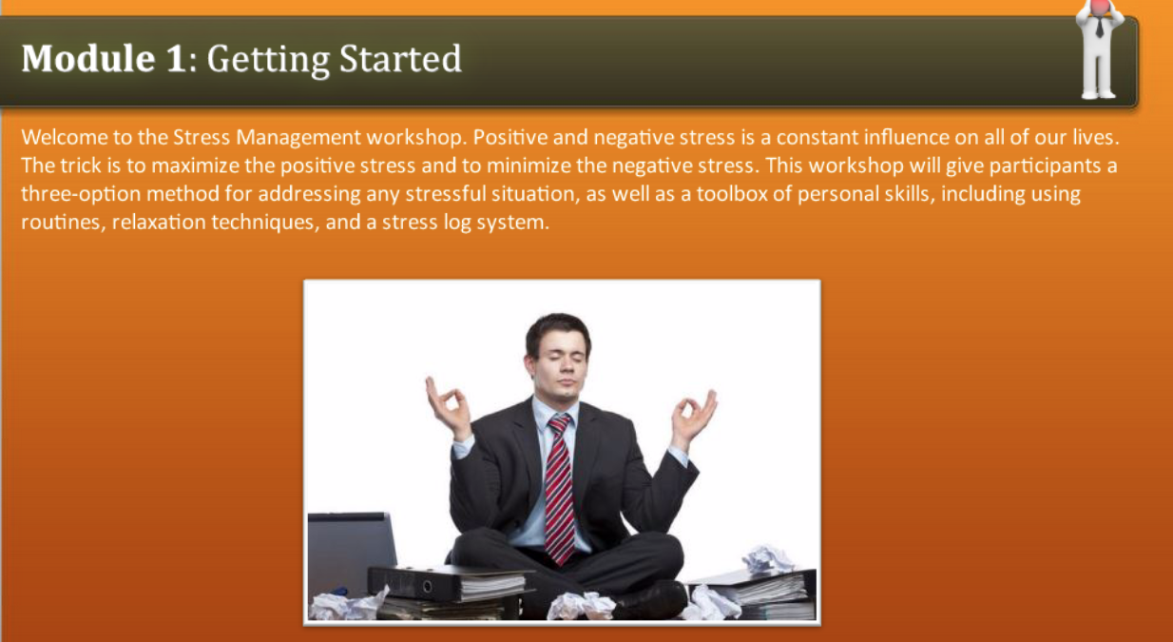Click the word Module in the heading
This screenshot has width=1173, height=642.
[x=79, y=59]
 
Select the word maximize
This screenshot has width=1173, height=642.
[x=194, y=165]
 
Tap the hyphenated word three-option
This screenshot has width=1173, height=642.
[x=75, y=195]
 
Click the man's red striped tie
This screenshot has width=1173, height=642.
[x=560, y=485]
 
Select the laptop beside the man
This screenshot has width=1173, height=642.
[x=350, y=552]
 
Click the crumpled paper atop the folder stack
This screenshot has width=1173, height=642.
[x=767, y=558]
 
